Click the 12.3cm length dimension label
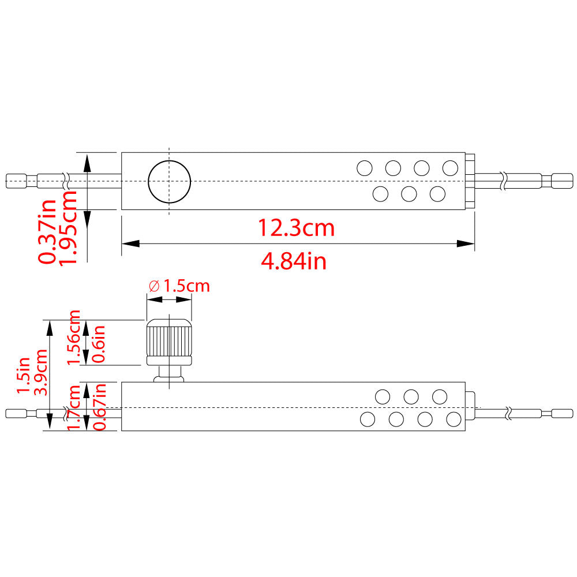pyautogui.click(x=296, y=228)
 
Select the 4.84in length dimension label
pyautogui.click(x=294, y=261)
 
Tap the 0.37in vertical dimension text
pyautogui.click(x=47, y=231)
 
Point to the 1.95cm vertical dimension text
pyautogui.click(x=69, y=228)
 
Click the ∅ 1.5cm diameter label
pyautogui.click(x=179, y=286)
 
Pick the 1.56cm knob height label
pyautogui.click(x=74, y=337)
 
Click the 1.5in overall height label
pyautogui.click(x=23, y=375)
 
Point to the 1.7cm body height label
pyautogui.click(x=74, y=407)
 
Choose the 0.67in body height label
pyautogui.click(x=100, y=406)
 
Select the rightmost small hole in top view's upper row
pyautogui.click(x=450, y=168)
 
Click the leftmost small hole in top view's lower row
pyautogui.click(x=380, y=194)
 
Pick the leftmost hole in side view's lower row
pyautogui.click(x=367, y=419)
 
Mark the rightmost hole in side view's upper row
pyautogui.click(x=440, y=396)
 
